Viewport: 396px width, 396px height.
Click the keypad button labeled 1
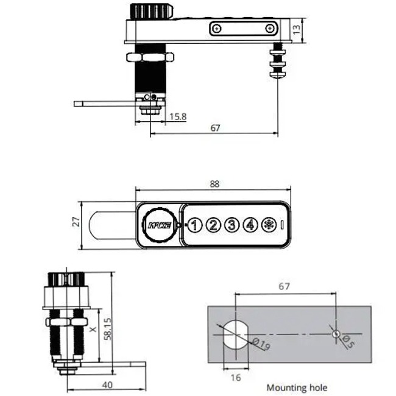(x=194, y=225)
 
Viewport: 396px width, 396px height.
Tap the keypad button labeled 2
(x=213, y=225)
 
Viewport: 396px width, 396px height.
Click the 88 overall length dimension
(x=213, y=184)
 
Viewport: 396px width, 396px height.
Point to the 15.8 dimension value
(x=178, y=116)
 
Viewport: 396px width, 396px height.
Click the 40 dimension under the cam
(x=107, y=384)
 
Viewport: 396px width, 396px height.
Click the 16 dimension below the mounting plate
(x=236, y=378)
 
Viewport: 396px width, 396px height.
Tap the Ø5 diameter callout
(x=347, y=342)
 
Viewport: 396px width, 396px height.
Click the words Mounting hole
(x=297, y=387)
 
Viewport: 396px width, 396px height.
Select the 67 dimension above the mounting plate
(x=284, y=286)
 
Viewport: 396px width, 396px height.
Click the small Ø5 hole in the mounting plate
(x=335, y=333)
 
